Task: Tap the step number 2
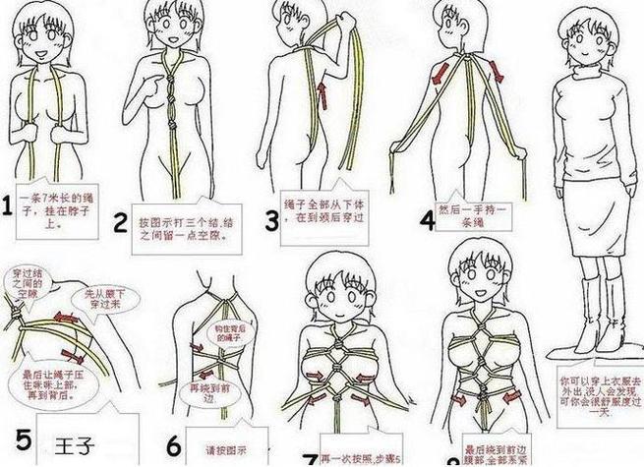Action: coord(121,223)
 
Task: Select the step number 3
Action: coord(272,218)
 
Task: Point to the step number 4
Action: coord(425,219)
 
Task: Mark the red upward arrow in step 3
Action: coord(320,93)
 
